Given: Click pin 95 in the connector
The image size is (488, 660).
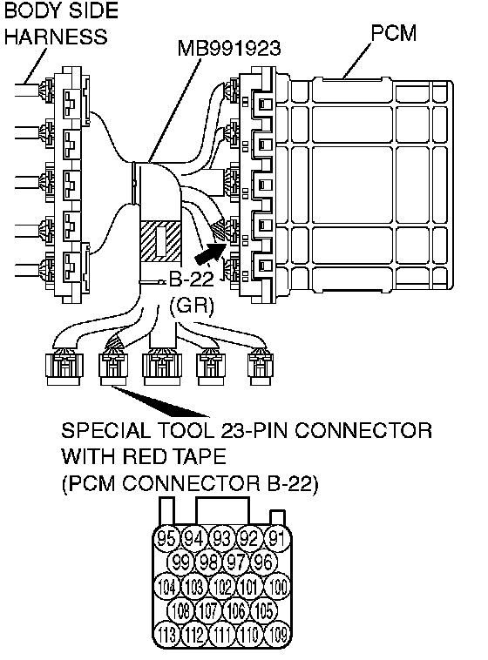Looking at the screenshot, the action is coord(166,538).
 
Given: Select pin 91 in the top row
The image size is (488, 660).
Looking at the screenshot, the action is coord(277,538).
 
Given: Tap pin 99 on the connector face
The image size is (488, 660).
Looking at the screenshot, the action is coord(180,562).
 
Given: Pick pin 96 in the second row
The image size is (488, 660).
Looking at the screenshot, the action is coord(264,562).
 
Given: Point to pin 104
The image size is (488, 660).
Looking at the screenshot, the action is coord(166,586).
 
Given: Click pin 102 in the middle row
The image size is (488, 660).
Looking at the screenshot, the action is coord(222,586).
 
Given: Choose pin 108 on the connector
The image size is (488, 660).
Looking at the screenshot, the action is coord(180,610).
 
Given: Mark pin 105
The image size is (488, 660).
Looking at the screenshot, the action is coord(264,610).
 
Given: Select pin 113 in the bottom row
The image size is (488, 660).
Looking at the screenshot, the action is coord(166,635).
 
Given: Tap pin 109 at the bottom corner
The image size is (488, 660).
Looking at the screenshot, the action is coord(277,635).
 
